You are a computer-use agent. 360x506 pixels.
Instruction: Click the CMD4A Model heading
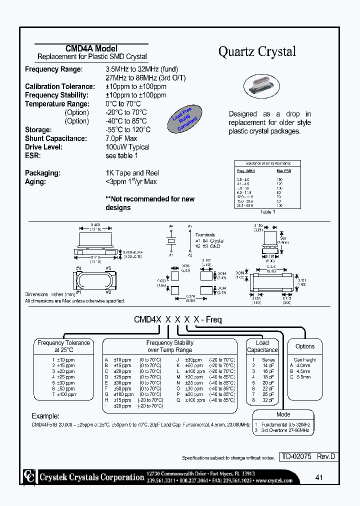[91, 48]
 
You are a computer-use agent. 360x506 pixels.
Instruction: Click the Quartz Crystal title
[257, 51]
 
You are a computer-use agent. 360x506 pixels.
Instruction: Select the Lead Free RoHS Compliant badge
[186, 119]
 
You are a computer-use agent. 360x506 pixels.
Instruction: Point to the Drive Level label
[43, 147]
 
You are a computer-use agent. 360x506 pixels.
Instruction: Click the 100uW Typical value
[127, 147]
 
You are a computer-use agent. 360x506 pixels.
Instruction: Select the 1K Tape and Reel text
[131, 173]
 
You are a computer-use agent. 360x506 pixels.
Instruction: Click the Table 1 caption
[267, 212]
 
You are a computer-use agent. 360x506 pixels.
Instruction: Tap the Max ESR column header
[284, 171]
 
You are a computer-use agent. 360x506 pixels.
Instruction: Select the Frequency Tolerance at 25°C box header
[64, 346]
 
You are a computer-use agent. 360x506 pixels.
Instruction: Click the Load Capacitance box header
[262, 346]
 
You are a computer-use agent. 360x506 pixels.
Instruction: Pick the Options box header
[305, 346]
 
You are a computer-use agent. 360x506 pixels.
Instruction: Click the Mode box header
[283, 414]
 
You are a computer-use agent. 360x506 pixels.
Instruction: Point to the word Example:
[45, 416]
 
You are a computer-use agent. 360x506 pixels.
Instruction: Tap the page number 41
[319, 477]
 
